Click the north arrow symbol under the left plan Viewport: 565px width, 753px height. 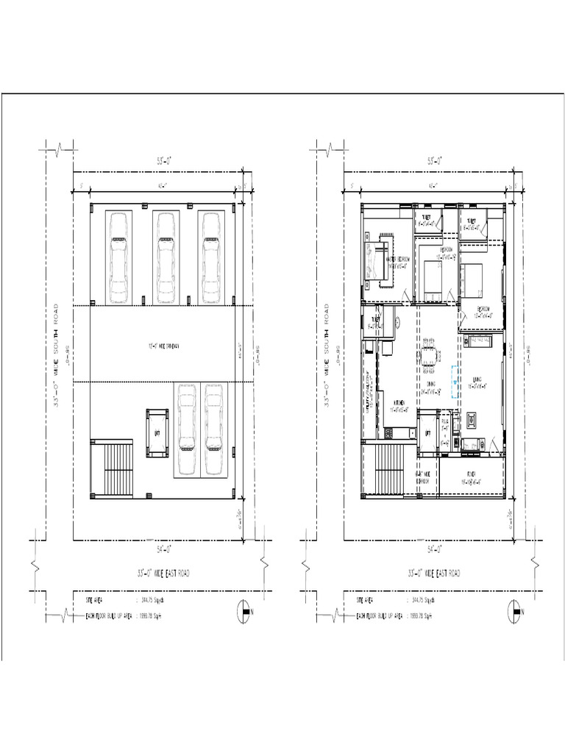(244, 610)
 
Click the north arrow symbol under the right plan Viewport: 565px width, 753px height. (515, 610)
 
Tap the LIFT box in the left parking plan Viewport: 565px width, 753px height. (157, 433)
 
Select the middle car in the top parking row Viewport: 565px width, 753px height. (166, 257)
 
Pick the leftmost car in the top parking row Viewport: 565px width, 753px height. (118, 257)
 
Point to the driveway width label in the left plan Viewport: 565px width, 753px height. (163, 343)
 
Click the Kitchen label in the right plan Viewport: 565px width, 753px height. (399, 403)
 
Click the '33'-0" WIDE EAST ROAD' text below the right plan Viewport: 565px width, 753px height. (434, 573)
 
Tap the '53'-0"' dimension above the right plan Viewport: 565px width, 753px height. (434, 160)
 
